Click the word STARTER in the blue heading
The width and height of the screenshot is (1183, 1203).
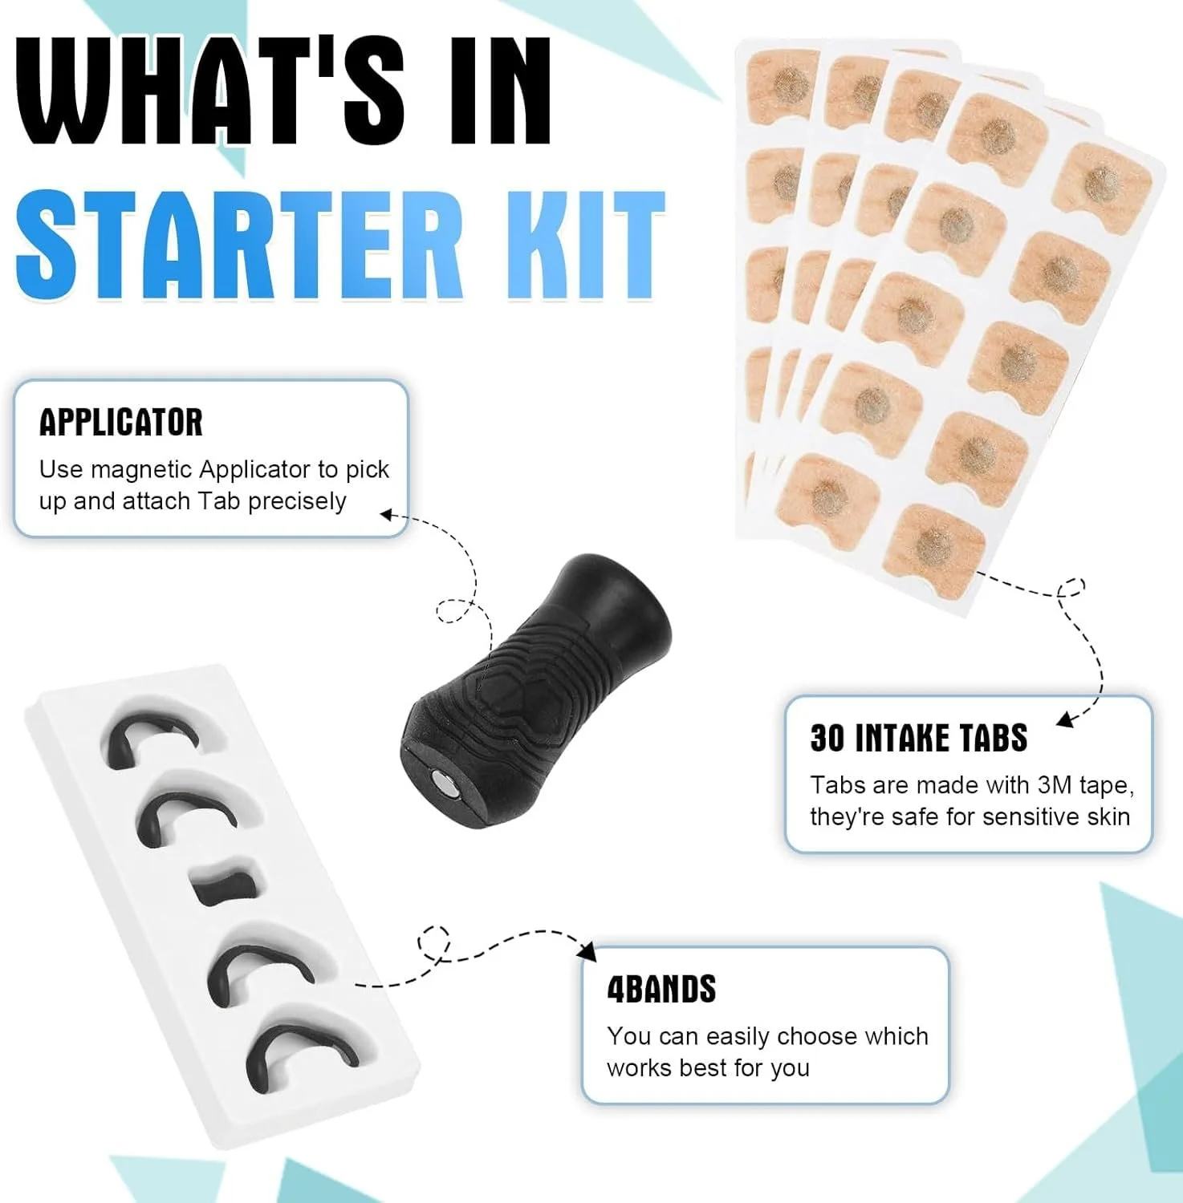[240, 245]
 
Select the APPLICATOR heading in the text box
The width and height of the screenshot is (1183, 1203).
[121, 423]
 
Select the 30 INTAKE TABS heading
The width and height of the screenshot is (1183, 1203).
[918, 738]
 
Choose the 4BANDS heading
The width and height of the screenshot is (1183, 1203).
[661, 989]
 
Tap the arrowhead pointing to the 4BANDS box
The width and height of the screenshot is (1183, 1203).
[588, 952]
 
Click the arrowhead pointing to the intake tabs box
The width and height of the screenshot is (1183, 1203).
[1065, 719]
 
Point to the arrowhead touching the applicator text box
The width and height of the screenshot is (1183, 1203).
[388, 513]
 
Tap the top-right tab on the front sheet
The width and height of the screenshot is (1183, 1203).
[1104, 182]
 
